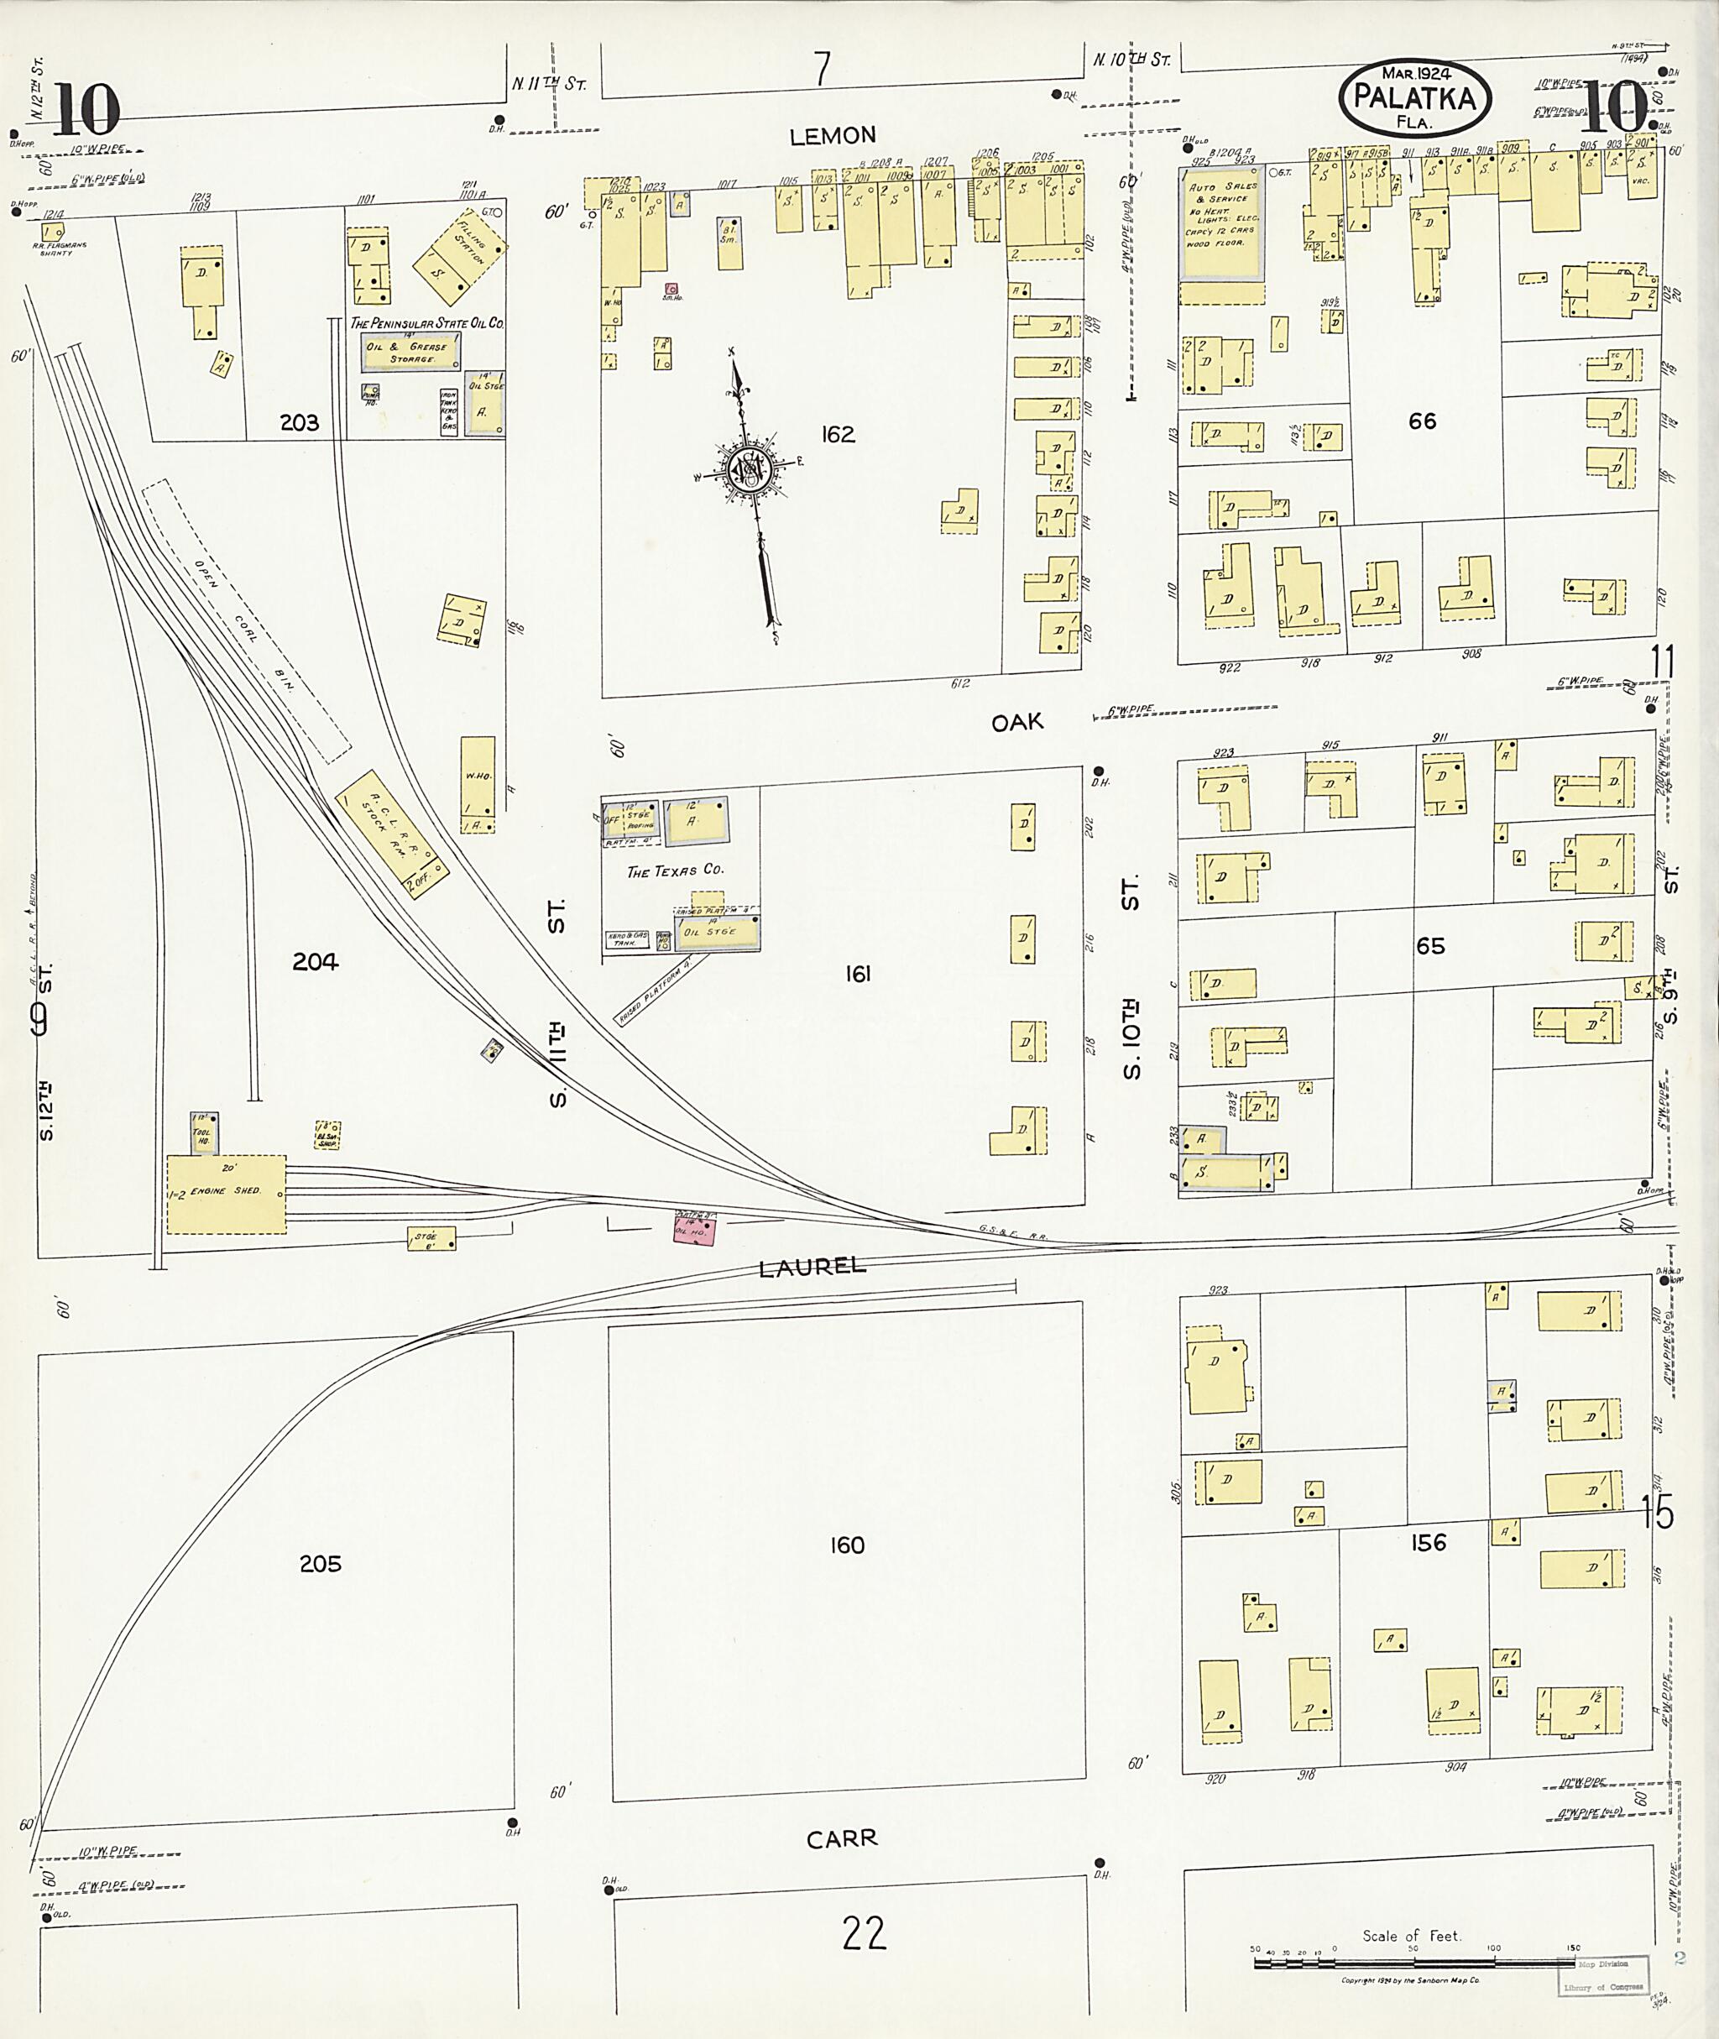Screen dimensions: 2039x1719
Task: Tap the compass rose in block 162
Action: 751,472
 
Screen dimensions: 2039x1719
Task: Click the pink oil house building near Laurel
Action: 695,1227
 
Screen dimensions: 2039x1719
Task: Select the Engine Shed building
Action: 226,1194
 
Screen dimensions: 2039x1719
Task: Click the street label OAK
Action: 1016,722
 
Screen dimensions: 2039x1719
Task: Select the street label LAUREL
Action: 812,1266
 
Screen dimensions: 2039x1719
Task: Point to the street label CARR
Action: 841,1838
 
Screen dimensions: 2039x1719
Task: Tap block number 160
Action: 847,1545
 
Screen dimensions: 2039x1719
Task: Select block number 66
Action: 1422,421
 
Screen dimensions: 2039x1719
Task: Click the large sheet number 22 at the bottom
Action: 864,1932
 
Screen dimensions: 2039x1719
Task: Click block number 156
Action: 1428,1543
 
